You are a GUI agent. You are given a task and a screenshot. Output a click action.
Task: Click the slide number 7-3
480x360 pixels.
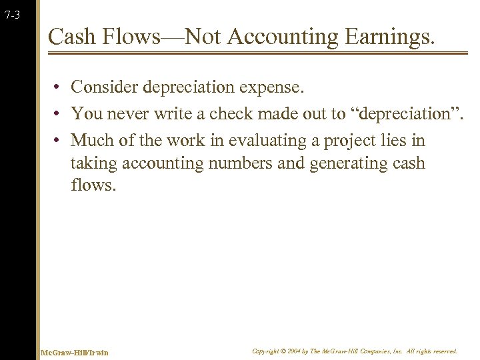coord(12,15)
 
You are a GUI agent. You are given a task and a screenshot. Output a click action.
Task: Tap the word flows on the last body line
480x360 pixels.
coord(93,185)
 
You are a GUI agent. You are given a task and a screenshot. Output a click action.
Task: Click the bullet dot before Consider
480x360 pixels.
coord(59,87)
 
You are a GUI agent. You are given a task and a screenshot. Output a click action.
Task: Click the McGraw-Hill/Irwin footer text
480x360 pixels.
coord(74,352)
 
